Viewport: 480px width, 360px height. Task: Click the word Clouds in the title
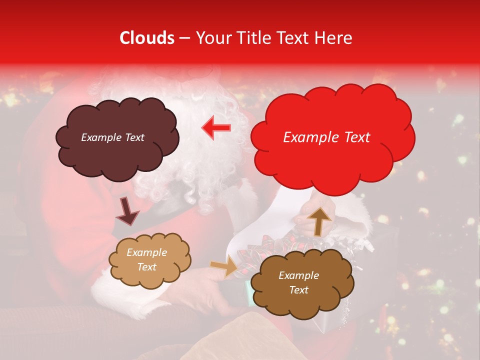point(146,38)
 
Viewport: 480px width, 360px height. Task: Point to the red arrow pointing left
point(216,128)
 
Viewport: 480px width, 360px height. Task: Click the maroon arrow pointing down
point(127,210)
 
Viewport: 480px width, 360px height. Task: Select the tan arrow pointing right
point(224,266)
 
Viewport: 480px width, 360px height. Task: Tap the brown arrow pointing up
point(319,220)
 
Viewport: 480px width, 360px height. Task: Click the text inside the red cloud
point(326,137)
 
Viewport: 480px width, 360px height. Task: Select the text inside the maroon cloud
point(112,137)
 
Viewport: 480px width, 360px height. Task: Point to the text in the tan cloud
point(147,260)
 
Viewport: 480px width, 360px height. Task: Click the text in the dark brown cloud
point(298,282)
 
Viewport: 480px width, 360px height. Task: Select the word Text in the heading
point(295,38)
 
